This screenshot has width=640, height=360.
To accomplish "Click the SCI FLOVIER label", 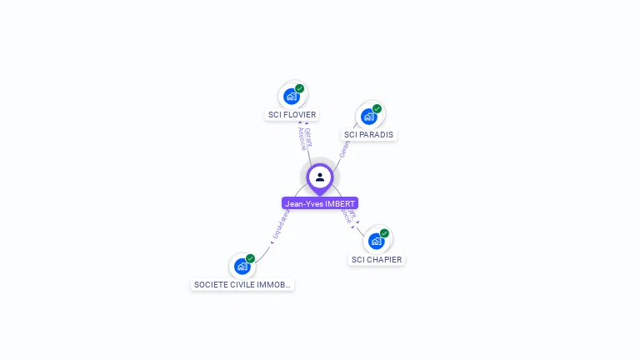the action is tap(292, 115).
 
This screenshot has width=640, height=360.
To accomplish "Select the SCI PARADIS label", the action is tap(369, 134).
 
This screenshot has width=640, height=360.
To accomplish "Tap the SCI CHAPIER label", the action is tap(377, 259).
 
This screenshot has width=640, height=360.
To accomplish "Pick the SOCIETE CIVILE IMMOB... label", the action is tap(242, 284).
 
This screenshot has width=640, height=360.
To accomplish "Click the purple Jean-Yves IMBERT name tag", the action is tap(320, 203).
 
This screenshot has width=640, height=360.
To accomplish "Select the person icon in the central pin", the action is tap(320, 177).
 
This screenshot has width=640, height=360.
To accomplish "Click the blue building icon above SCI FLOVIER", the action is tap(291, 96).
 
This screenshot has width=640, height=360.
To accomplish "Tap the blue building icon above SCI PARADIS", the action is tap(368, 117).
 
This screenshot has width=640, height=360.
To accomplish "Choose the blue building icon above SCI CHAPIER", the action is tap(376, 241).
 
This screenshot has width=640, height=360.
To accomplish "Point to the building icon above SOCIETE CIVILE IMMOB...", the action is tap(242, 266).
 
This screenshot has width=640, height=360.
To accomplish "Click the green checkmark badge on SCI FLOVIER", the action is tap(300, 88).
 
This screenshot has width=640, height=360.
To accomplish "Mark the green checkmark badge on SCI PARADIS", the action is tap(377, 108).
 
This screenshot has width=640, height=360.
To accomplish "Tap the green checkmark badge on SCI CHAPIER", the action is tap(384, 233).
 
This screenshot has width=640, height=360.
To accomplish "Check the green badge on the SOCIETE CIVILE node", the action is tap(250, 258).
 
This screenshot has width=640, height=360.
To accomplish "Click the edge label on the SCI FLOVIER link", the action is tap(305, 139).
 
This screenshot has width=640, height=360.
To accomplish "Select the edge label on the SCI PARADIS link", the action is tap(343, 149).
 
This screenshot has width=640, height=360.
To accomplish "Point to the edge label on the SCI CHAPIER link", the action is tap(348, 216).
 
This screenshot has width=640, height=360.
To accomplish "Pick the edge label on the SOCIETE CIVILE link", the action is tap(281, 226).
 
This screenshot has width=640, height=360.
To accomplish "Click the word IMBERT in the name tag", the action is tap(340, 203).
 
